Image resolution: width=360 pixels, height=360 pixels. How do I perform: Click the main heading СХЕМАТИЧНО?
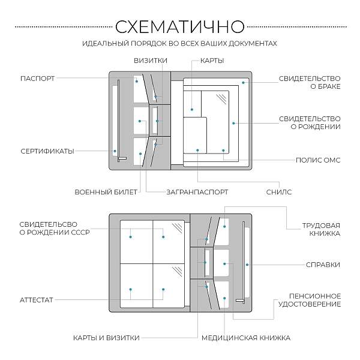click(x=179, y=27)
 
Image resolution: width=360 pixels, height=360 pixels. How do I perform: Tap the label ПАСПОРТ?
click(x=37, y=78)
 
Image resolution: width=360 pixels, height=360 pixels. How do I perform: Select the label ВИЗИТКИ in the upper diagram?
click(x=150, y=61)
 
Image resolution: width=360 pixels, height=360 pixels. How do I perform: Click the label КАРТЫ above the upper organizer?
click(x=212, y=61)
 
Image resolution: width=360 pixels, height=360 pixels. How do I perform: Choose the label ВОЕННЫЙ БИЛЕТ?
click(x=106, y=192)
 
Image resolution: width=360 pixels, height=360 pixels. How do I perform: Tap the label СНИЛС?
click(x=278, y=192)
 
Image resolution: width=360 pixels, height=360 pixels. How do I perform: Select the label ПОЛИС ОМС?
click(x=318, y=160)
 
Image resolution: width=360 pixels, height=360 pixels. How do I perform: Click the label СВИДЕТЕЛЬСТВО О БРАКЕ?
click(x=310, y=82)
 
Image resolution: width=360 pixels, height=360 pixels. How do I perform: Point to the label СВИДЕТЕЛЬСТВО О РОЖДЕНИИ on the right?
click(x=310, y=122)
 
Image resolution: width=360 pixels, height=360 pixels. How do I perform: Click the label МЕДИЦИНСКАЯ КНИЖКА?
click(x=245, y=337)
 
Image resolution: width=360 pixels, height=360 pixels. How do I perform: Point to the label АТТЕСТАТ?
click(x=37, y=299)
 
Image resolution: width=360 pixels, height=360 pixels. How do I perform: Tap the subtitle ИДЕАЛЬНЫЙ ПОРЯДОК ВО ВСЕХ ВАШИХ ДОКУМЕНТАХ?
click(x=179, y=44)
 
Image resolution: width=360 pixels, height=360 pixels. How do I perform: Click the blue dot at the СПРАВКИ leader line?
click(x=246, y=264)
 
